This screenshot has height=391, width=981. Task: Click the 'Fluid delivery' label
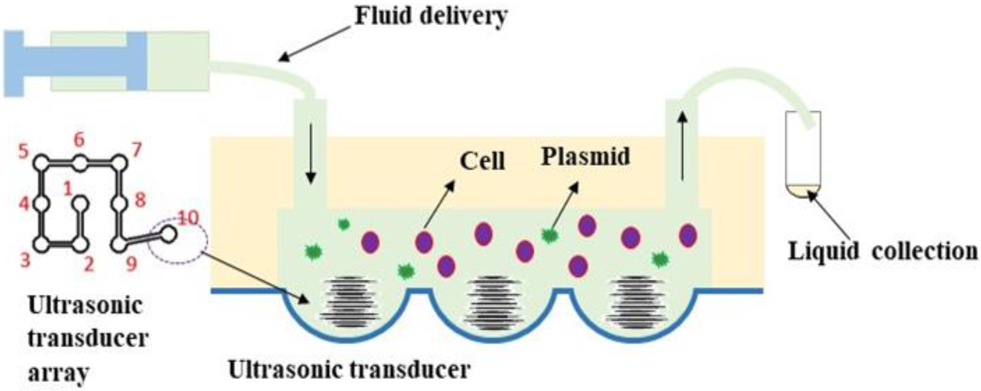click(431, 16)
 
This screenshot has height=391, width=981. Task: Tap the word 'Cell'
click(482, 161)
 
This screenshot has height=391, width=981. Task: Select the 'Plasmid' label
click(586, 156)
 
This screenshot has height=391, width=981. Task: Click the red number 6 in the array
click(79, 140)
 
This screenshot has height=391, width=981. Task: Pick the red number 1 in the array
click(67, 188)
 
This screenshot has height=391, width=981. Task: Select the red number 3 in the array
click(25, 261)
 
